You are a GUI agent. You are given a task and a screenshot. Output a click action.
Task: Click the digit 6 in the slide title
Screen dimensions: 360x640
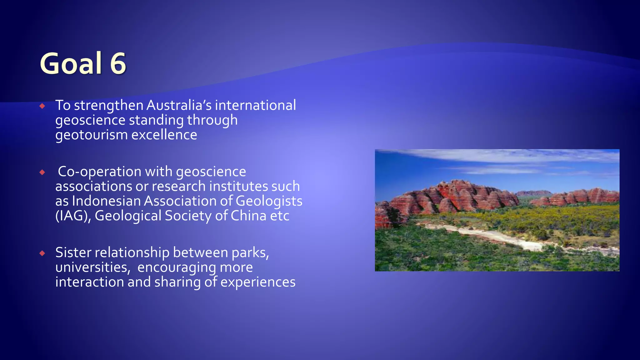pos(118,63)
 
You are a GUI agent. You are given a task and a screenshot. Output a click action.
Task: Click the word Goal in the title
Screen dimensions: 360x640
pos(71,63)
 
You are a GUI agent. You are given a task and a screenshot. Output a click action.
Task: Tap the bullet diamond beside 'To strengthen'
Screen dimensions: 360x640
pos(42,106)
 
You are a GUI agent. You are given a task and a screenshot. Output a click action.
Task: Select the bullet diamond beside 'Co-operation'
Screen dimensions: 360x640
pos(42,172)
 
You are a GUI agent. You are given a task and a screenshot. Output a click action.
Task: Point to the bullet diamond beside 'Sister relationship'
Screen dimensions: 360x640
pos(42,253)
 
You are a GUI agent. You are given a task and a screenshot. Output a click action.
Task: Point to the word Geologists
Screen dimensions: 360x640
pos(269,201)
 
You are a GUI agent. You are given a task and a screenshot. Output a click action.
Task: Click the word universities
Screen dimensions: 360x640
pos(92,267)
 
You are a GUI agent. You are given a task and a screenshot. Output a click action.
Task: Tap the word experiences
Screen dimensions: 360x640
pos(258,282)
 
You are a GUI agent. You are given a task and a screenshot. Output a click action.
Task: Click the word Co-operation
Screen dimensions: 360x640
pos(100,172)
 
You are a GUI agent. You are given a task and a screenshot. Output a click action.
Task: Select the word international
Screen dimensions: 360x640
pos(255,105)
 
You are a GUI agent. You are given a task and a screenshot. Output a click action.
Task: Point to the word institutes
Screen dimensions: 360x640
pos(239,186)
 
